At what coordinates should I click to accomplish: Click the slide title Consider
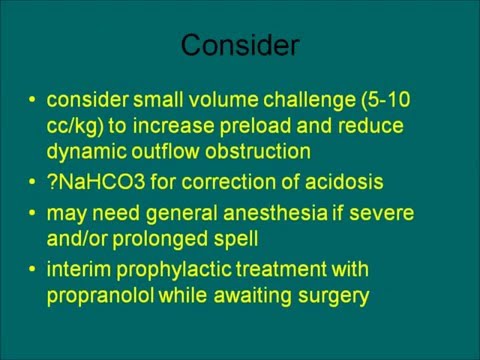pos(240,46)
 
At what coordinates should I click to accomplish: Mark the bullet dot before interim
pos(35,269)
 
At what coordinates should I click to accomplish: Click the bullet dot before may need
pos(35,213)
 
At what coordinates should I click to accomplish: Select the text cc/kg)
pos(74,126)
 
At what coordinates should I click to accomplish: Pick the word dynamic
pos(83,151)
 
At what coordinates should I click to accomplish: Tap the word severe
pos(383,213)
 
